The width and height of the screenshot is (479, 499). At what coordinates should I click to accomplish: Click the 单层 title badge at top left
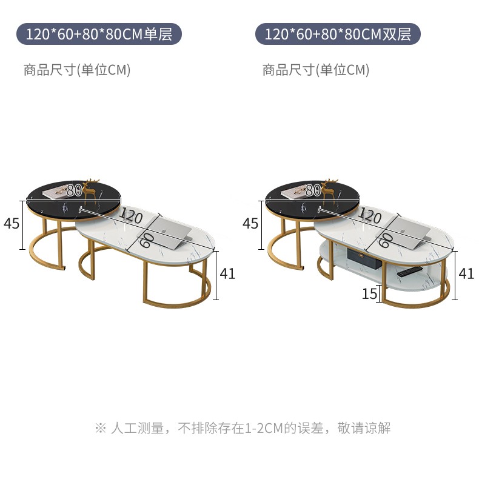tap(99, 34)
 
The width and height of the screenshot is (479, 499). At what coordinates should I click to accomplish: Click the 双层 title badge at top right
tap(338, 34)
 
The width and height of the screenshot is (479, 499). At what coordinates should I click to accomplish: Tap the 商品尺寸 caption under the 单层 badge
tap(77, 70)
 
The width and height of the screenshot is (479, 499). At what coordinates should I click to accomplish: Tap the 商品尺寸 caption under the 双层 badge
tap(316, 70)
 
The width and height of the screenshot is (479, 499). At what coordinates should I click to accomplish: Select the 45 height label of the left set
tap(12, 224)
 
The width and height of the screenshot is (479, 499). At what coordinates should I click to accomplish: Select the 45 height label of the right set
tap(250, 224)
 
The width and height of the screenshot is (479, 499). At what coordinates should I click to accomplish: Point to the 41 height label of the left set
tap(227, 273)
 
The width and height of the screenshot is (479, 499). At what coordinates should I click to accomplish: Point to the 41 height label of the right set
tap(466, 273)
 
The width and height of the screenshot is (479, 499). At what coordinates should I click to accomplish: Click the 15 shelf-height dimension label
tap(369, 295)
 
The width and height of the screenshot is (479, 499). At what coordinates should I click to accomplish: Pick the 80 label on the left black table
tap(74, 190)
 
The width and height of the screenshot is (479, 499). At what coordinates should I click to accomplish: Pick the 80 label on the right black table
tap(313, 190)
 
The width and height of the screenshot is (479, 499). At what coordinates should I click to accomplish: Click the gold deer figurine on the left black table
tap(93, 187)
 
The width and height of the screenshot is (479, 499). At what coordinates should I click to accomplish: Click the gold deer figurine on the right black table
tap(331, 187)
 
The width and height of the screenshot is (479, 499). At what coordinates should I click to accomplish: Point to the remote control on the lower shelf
tap(409, 271)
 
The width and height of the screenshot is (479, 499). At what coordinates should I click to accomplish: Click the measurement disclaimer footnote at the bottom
tap(243, 428)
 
